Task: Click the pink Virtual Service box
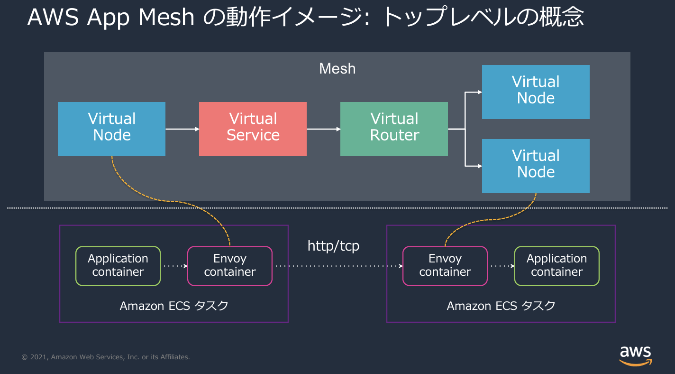[x=253, y=129]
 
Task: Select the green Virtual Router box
[x=394, y=129]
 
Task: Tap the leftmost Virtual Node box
[x=111, y=129]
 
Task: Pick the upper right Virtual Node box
[x=536, y=92]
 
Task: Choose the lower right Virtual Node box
[x=536, y=166]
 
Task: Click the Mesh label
[x=337, y=69]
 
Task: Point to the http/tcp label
[x=333, y=246]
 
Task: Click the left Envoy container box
[x=230, y=266]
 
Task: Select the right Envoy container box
[x=445, y=266]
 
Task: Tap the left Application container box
[x=118, y=266]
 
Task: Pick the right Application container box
[x=556, y=266]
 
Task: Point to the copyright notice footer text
[x=106, y=357]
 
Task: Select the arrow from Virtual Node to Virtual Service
[x=182, y=129]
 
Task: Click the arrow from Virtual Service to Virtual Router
[x=323, y=129]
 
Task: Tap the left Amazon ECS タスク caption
[x=174, y=306]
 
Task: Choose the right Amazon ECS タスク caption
[x=501, y=306]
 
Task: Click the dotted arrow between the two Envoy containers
[x=337, y=266]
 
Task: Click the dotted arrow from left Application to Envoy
[x=174, y=266]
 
